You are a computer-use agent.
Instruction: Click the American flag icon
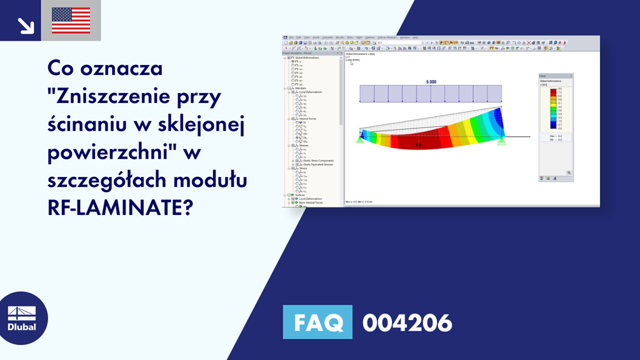click(x=71, y=21)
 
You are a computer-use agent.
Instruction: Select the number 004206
click(x=407, y=323)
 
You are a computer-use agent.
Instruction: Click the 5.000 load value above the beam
click(x=431, y=82)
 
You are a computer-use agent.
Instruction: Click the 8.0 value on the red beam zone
click(x=419, y=145)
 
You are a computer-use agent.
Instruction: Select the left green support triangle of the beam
click(x=361, y=140)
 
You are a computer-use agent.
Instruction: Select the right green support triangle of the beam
click(x=501, y=141)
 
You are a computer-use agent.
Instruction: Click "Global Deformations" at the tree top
click(x=307, y=58)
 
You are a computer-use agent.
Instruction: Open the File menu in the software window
click(x=291, y=37)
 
